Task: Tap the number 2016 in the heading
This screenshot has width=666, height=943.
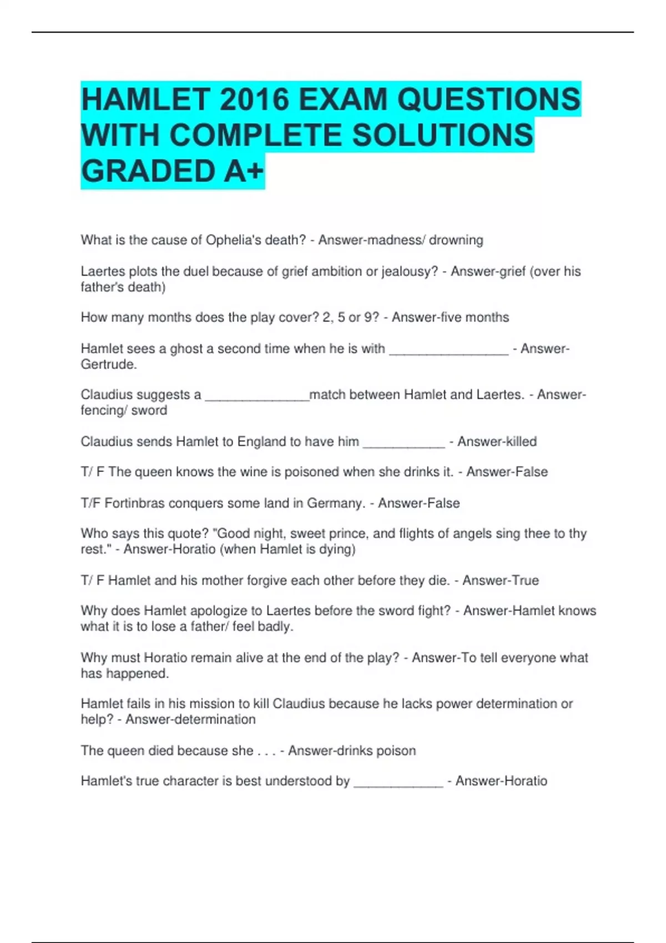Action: (x=255, y=100)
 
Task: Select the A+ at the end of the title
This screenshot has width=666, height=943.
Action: (x=244, y=171)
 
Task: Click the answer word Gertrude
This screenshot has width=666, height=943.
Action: (x=108, y=364)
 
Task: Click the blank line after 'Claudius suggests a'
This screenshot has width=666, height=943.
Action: (x=257, y=396)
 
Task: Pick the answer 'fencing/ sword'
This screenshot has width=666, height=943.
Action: (x=124, y=410)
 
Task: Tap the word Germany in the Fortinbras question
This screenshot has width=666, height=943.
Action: (x=335, y=503)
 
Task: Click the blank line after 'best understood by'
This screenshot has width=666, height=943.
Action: (x=398, y=782)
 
